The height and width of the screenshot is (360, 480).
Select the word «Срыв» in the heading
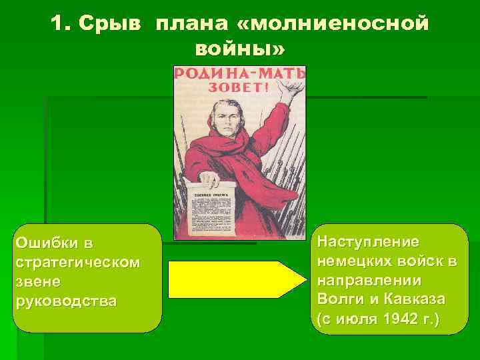point(114,24)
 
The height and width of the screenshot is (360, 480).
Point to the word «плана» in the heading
point(191,24)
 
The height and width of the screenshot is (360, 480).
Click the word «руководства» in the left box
point(65,300)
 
